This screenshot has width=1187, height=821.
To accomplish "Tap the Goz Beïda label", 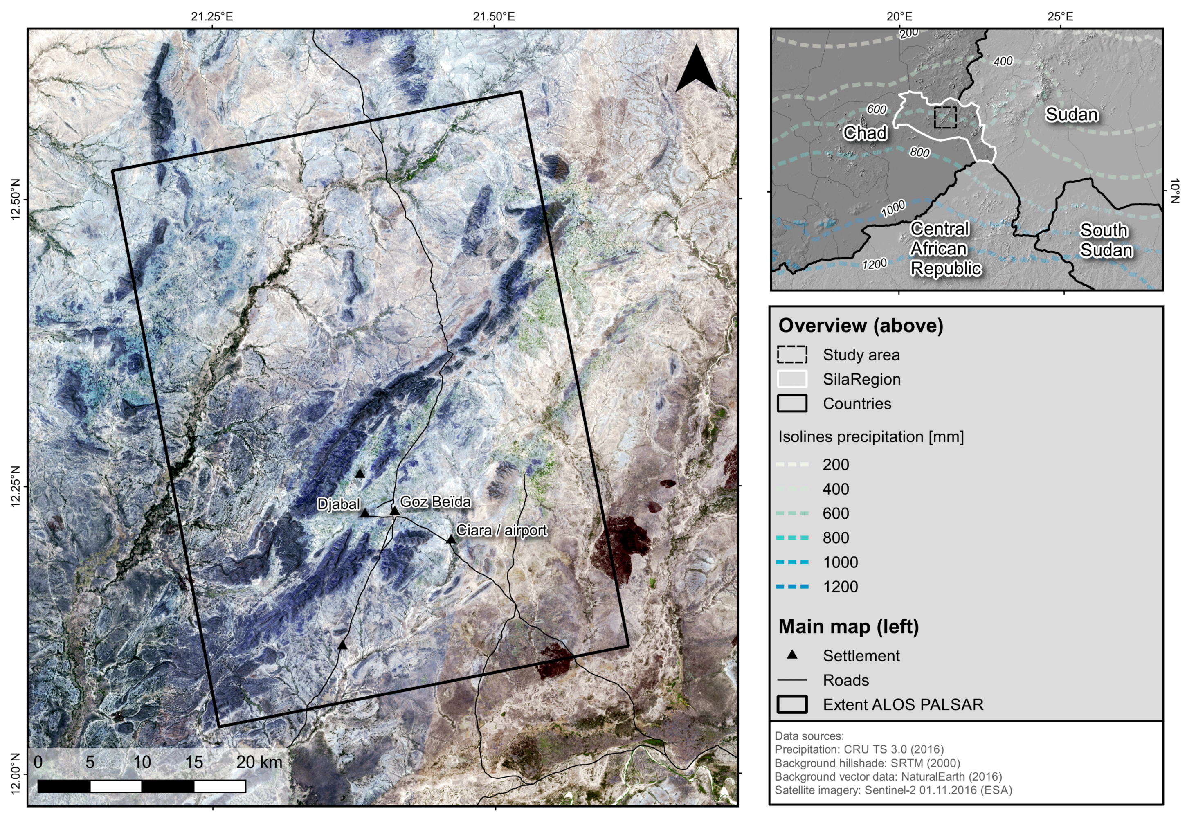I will (435, 502).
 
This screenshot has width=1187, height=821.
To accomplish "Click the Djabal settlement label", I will (338, 504).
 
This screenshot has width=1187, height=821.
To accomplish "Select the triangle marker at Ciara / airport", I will (450, 540).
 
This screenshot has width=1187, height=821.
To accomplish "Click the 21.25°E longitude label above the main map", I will (212, 16).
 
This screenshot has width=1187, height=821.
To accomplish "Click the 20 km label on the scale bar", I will (259, 762).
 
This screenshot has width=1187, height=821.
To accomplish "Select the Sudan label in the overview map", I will (1071, 114).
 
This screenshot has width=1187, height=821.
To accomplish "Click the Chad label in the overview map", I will (865, 133).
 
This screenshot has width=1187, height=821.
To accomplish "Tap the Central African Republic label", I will (945, 248).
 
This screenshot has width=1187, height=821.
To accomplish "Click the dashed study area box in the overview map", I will (945, 117).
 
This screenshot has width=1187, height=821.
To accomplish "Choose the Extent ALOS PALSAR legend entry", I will (903, 704).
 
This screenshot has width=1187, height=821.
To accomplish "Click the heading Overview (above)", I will (861, 326).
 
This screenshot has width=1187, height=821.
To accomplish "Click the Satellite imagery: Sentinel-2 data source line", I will (893, 790).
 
